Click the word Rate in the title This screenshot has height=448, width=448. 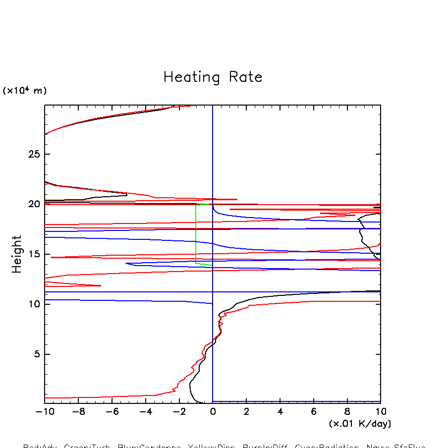coord(245,77)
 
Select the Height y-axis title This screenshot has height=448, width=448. coord(17,254)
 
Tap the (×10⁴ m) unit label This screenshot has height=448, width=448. coord(25,91)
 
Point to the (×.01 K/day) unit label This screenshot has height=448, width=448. coord(360,424)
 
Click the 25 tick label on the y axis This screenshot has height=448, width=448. coord(34,155)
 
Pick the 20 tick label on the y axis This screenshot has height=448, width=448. coord(34,204)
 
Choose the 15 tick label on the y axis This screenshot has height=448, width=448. coord(34,254)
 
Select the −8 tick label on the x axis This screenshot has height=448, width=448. coord(78,411)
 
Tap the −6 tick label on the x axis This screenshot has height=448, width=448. coord(112,411)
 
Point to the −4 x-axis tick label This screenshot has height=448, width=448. coord(145,411)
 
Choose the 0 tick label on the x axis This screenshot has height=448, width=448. coord(213,411)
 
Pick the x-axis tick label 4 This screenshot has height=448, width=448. coord(280,411)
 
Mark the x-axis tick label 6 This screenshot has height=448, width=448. coord(314,411)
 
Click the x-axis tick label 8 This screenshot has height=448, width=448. coord(347,411)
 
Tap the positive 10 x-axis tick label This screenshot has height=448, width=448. coord(380,411)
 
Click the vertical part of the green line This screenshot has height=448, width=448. coord(196,233)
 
